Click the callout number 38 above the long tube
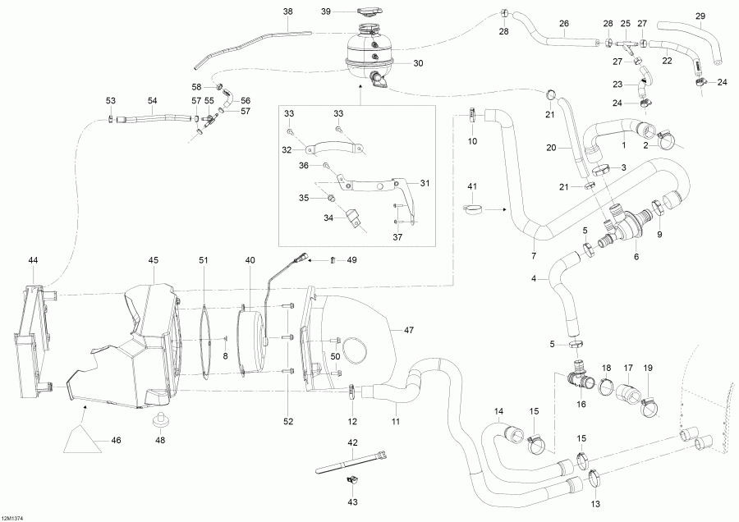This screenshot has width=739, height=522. point(287,11)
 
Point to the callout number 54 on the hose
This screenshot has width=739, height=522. point(152,100)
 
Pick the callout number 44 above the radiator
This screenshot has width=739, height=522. point(33,260)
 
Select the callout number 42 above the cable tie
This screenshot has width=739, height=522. point(352,443)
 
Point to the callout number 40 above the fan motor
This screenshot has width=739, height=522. point(250,261)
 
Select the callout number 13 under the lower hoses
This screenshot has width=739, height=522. point(594,503)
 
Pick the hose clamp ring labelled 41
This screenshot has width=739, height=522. point(472,216)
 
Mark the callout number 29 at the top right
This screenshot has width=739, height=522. point(700,16)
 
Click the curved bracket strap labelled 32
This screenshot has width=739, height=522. point(336,150)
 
